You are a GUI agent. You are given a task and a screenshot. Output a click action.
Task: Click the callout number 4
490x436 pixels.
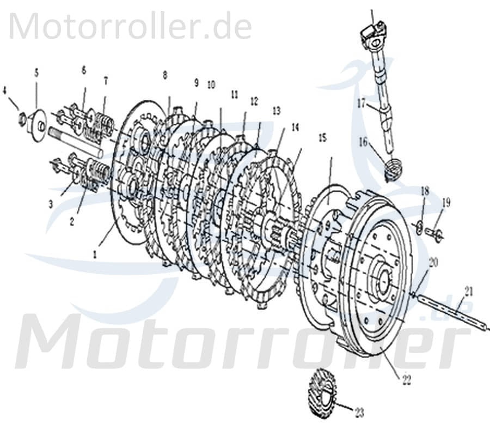[x=5, y=90]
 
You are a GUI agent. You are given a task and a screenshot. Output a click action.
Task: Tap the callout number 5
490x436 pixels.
[x=36, y=72]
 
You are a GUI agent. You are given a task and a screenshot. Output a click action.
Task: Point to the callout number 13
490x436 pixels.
[x=277, y=111]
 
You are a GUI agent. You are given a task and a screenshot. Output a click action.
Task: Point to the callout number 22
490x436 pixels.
[x=407, y=381]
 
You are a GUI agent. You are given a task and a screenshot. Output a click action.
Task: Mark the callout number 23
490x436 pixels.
[x=359, y=411]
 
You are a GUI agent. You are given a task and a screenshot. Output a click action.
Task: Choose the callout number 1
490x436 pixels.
[x=96, y=253]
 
